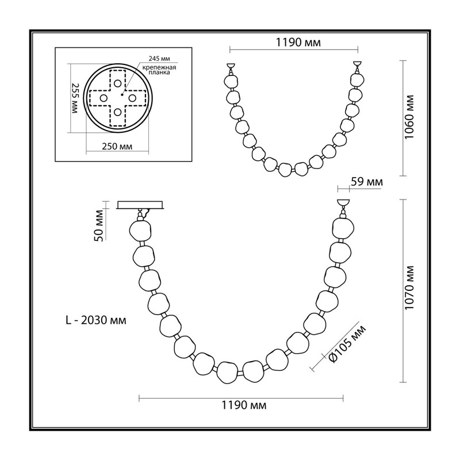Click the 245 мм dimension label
pyautogui.click(x=159, y=59)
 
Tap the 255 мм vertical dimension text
pyautogui.click(x=75, y=98)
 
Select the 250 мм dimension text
pyautogui.click(x=117, y=146)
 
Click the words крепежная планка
pyautogui.click(x=159, y=70)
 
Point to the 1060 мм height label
pyautogui.click(x=409, y=118)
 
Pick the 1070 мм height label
pyautogui.click(x=409, y=287)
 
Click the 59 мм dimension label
pyautogui.click(x=367, y=182)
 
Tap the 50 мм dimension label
pyautogui.click(x=99, y=225)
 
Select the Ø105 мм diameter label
pyautogui.click(x=347, y=344)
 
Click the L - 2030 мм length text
pyautogui.click(x=96, y=320)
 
